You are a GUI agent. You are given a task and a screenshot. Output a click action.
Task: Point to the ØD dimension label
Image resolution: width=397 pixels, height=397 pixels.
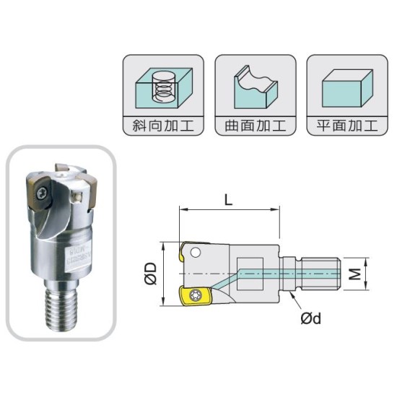pos(151,274)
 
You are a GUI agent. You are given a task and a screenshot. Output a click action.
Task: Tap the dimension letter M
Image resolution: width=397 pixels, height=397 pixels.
pos(354,274)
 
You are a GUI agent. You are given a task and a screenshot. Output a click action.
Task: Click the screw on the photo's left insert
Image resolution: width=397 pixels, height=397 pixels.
pos(44,192)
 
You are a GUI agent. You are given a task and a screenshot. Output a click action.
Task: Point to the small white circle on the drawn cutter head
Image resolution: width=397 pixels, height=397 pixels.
pos(196,252)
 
